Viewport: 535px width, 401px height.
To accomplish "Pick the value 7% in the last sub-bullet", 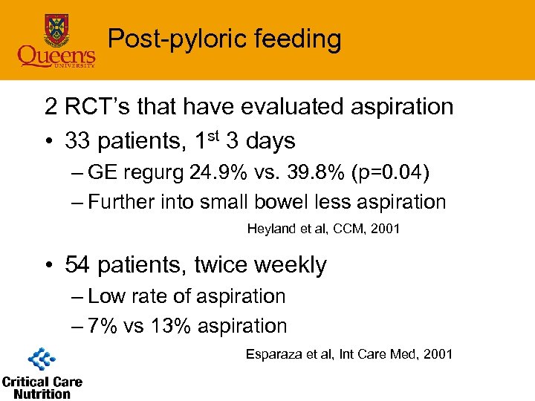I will tap(103, 326).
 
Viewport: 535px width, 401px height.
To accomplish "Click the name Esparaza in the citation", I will tap(274, 354).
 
